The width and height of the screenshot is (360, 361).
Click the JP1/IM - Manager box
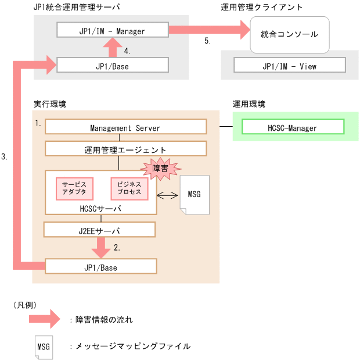[x=113, y=31]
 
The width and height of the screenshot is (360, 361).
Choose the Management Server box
[x=125, y=127]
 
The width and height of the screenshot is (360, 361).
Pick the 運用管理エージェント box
[x=125, y=149]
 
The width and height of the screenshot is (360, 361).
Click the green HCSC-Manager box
[x=293, y=127]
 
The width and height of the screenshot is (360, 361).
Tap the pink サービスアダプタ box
[x=74, y=188]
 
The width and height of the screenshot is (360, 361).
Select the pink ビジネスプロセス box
[x=129, y=188]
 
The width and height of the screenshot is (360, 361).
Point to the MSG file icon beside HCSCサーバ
[x=194, y=194]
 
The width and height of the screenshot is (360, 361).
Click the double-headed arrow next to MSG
[x=168, y=194]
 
